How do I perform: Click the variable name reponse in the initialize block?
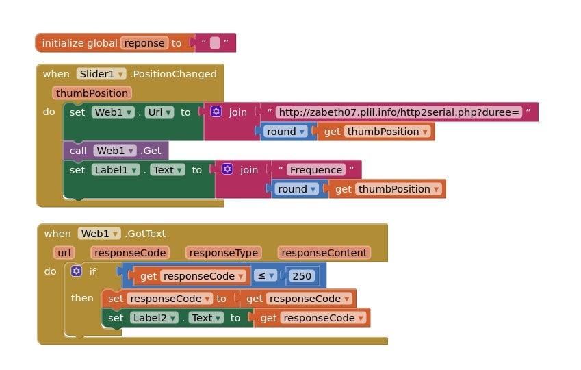(144, 43)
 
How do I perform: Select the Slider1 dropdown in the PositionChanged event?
(101, 74)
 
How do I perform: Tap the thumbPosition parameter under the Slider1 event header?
(92, 93)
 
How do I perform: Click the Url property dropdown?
(159, 112)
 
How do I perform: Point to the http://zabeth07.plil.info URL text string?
(400, 112)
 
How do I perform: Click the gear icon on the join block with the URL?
(216, 112)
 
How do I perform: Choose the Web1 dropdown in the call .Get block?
(114, 151)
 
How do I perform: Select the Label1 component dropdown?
(116, 170)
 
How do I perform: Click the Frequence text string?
(315, 170)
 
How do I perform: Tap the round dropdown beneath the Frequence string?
(296, 189)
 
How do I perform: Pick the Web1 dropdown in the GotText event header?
(99, 234)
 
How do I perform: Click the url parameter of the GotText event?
(64, 253)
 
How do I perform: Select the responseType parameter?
(223, 253)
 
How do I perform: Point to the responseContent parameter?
(324, 253)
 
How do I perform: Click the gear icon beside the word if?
(77, 271)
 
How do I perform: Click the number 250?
(301, 276)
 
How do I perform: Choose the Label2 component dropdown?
(154, 318)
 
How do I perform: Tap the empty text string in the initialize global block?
(215, 43)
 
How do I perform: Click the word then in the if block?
(82, 298)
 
